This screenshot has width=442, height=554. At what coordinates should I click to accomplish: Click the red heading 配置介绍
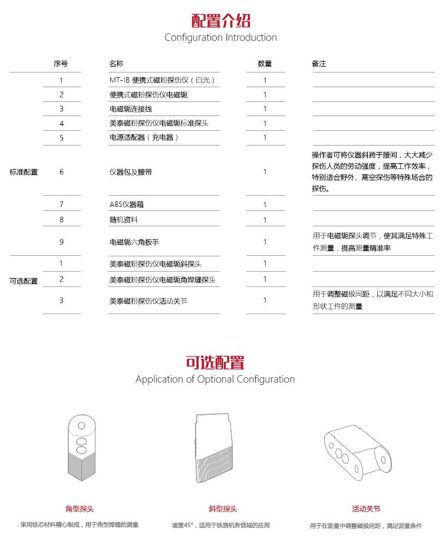tap(221, 21)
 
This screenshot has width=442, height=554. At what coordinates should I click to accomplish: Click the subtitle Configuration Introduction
tap(220, 38)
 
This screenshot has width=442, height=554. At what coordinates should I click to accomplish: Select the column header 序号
tap(61, 64)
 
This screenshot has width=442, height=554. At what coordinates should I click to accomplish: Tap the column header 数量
tap(265, 64)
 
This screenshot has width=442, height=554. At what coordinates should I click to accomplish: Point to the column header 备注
tap(319, 64)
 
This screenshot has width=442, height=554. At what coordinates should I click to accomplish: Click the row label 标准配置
tap(24, 172)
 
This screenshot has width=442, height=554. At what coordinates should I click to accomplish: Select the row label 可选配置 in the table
tap(24, 281)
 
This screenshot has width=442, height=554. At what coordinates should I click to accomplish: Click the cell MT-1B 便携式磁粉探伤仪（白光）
tap(162, 80)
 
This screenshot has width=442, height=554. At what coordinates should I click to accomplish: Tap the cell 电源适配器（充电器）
tap(144, 138)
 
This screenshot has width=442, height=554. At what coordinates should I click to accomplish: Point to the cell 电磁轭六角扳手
tap(134, 242)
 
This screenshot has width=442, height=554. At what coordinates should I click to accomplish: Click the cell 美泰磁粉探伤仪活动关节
tap(149, 301)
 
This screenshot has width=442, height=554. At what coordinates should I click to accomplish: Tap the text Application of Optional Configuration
tap(215, 379)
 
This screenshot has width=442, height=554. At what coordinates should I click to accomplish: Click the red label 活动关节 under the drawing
tap(366, 509)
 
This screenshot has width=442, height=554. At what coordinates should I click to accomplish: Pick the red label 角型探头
tap(80, 509)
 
